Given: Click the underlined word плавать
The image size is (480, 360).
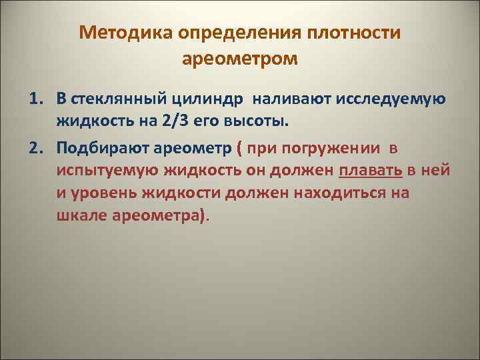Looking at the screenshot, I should [x=371, y=170].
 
